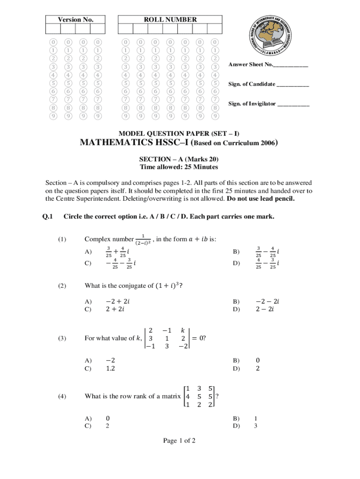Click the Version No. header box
(75, 20)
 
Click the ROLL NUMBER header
(170, 20)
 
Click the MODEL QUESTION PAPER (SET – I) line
(180, 133)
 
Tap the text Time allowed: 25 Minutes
(179, 167)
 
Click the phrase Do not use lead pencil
(261, 198)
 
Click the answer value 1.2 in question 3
(111, 369)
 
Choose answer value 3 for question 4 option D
(256, 426)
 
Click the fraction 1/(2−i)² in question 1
(142, 239)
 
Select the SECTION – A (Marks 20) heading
(179, 159)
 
